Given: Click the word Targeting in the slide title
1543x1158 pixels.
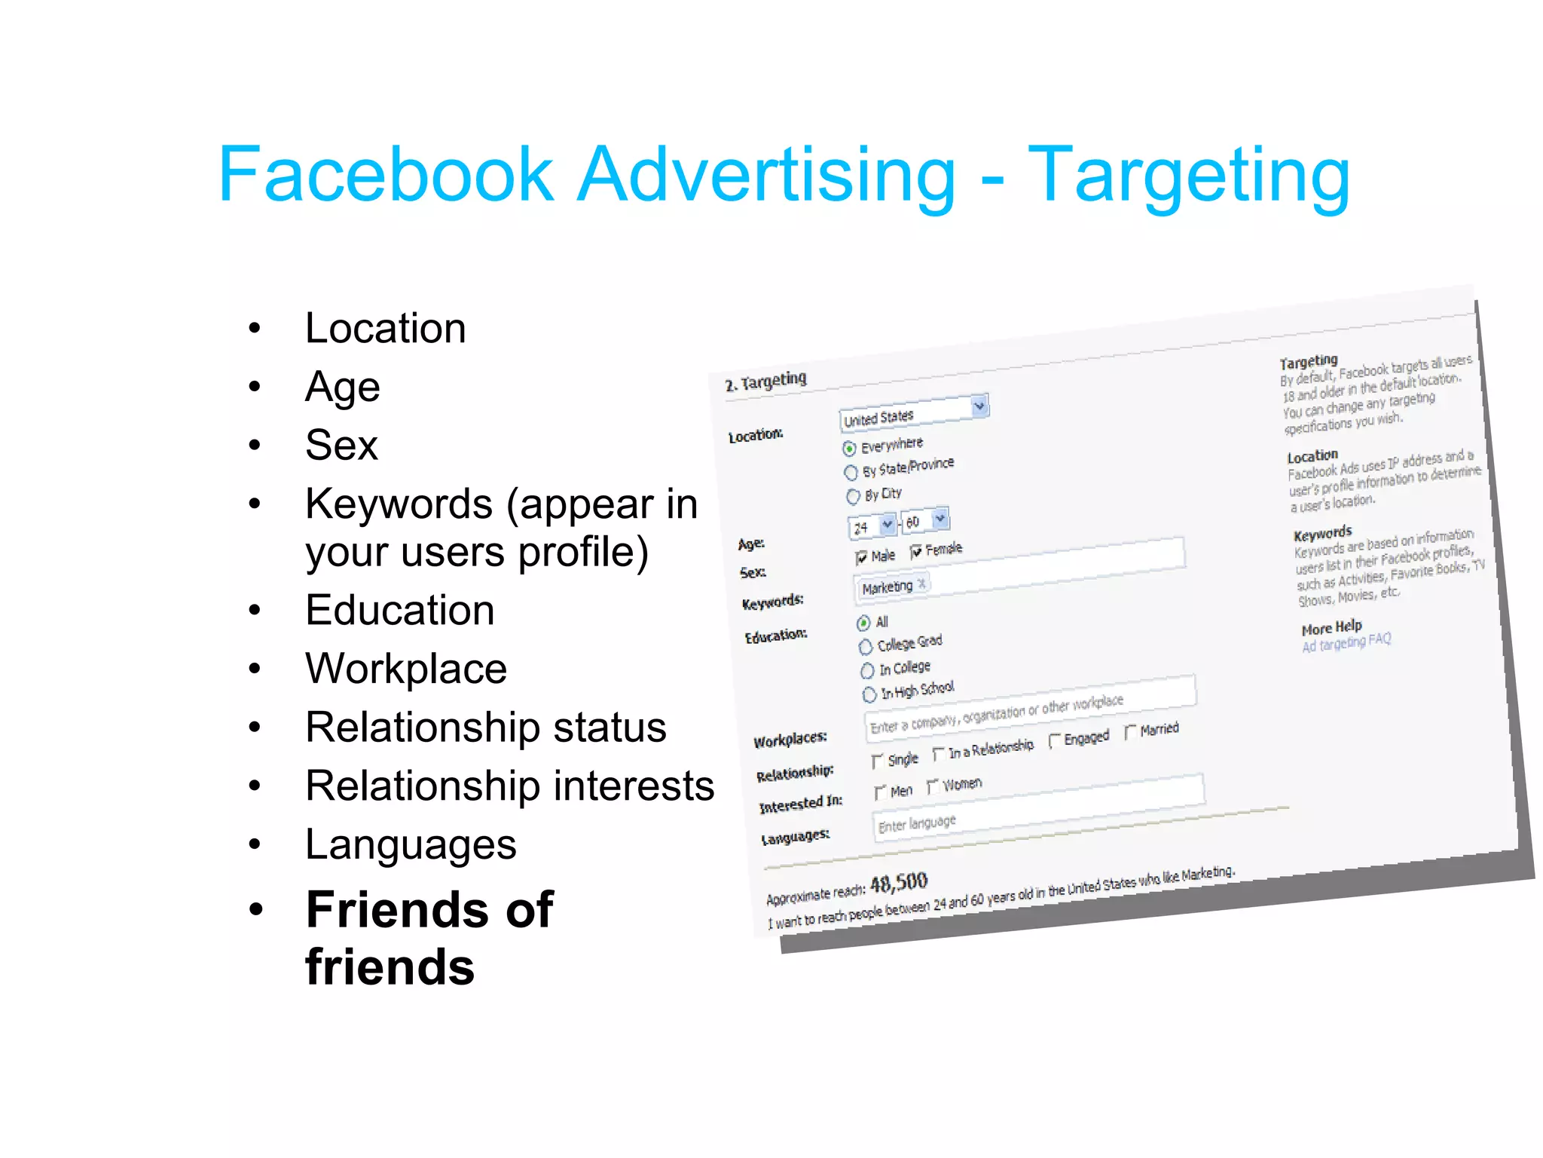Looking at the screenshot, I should pos(1188,177).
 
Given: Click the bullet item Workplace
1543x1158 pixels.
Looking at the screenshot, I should pos(405,669).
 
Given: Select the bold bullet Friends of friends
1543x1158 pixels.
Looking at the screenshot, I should pos(429,937).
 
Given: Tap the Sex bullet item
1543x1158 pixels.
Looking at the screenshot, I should pos(341,445).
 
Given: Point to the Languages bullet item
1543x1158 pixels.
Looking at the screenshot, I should pos(411,844).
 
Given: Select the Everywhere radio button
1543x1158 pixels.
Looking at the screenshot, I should pos(850,449).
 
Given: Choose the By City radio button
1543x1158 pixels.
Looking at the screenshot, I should pos(853,497).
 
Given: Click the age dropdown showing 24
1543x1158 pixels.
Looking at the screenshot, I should pos(872,526).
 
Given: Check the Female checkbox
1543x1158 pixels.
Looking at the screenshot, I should pos(916,553).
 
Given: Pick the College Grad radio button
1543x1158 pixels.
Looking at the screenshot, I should pos(866,647).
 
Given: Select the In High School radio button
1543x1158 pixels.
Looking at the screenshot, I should pos(869,694).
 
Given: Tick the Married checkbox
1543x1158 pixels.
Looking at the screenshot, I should pos(1130,732).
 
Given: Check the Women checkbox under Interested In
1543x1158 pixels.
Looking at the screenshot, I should pos(933,787).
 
